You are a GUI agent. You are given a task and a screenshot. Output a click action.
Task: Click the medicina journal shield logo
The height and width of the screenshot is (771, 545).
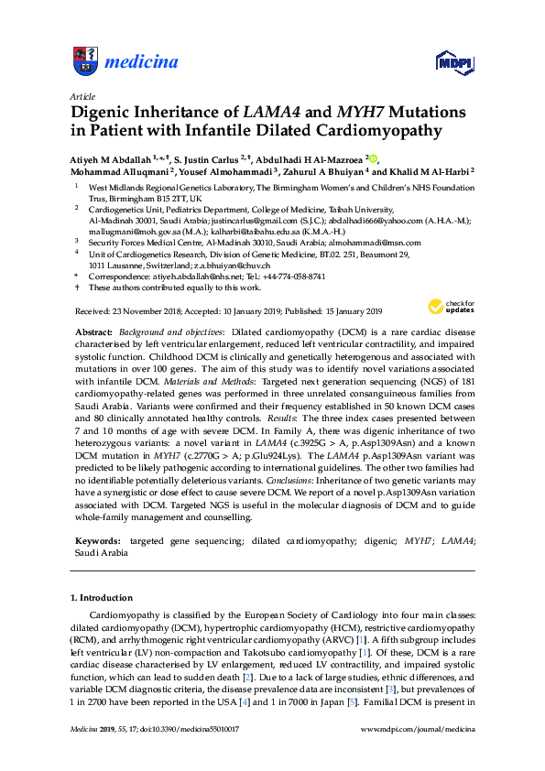[84, 61]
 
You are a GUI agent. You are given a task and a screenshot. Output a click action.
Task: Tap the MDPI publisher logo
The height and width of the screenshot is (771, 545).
[454, 63]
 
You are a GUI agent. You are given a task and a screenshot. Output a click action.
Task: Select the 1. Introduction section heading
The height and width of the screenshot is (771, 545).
[104, 598]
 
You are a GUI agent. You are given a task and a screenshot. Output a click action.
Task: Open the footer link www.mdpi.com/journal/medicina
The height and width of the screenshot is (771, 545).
[419, 730]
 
